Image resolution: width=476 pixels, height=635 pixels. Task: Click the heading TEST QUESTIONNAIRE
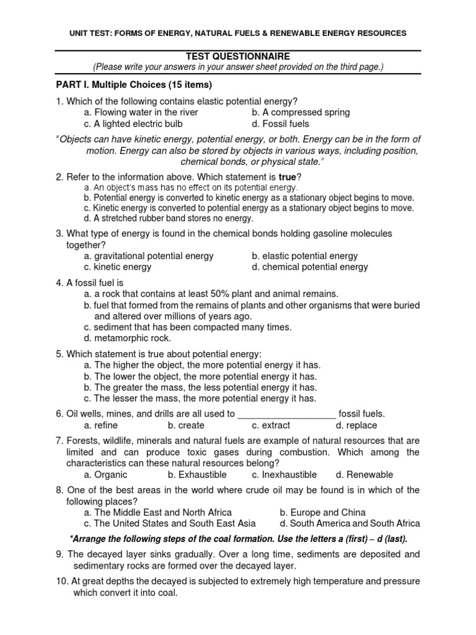(238, 56)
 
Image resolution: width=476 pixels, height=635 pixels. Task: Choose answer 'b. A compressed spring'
(301, 112)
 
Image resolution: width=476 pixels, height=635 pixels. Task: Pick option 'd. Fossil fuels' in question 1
(280, 123)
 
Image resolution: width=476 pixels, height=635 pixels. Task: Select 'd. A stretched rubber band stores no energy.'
(169, 218)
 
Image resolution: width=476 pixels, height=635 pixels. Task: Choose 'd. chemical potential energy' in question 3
(309, 267)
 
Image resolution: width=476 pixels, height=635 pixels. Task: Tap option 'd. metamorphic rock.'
(127, 338)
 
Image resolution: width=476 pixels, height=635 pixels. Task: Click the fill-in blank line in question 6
(287, 414)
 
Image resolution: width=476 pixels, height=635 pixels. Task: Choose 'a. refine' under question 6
(101, 425)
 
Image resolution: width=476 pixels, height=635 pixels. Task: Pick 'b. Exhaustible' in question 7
(197, 474)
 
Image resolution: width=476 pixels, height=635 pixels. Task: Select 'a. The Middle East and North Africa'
(158, 512)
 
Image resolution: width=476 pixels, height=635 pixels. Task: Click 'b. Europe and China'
(322, 512)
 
